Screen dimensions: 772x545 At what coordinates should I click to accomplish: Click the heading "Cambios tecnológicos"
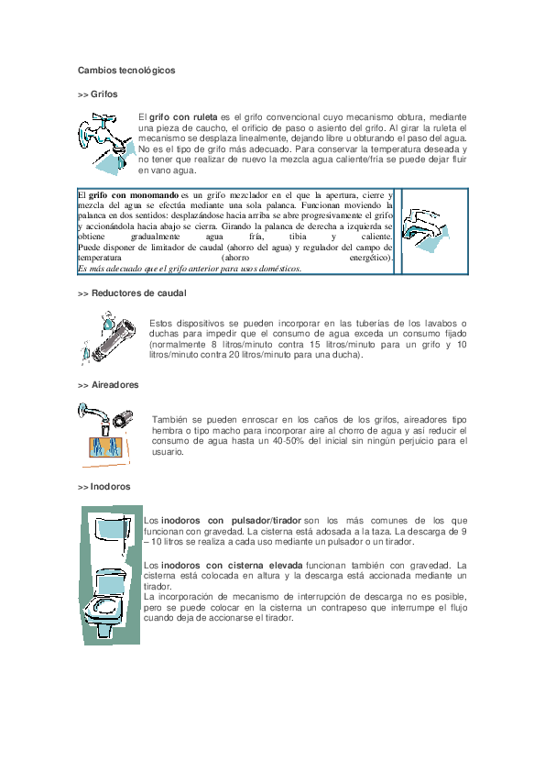tap(126, 70)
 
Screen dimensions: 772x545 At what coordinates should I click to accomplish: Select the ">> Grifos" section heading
tap(97, 94)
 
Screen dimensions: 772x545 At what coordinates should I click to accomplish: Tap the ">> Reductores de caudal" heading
tap(132, 292)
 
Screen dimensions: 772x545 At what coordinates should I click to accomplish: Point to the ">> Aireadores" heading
tap(108, 385)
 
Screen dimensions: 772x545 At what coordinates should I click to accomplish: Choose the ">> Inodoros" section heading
tap(104, 486)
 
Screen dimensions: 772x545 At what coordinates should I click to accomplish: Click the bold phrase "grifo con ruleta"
tap(183, 118)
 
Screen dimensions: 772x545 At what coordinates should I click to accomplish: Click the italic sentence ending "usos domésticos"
tap(189, 269)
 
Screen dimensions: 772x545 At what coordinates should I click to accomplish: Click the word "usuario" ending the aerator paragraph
tap(167, 452)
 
